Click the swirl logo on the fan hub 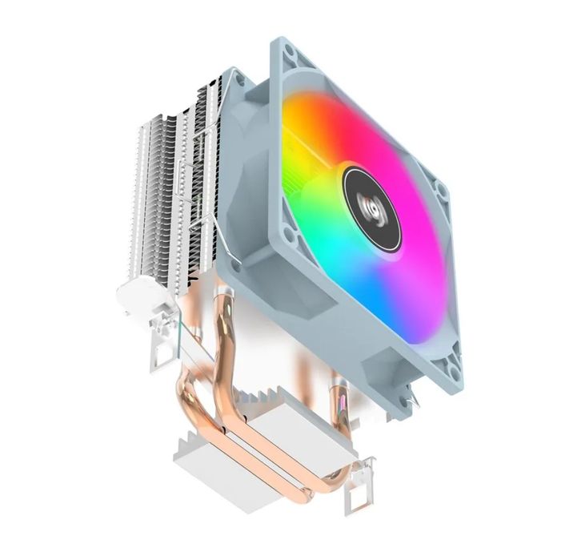[x=366, y=190]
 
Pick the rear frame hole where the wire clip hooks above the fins [x=238, y=78]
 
